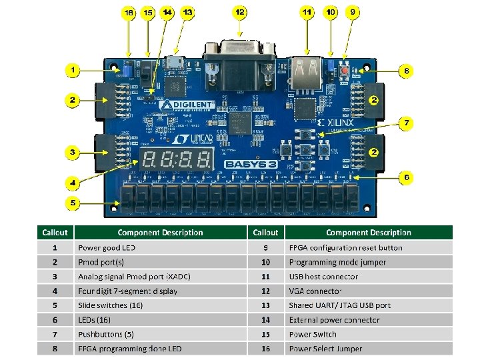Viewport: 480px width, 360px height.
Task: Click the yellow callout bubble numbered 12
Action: click(239, 12)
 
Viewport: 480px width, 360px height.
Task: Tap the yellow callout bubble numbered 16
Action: click(128, 13)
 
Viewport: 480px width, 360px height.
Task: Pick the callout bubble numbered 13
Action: click(187, 12)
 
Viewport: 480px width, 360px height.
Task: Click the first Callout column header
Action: click(55, 233)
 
